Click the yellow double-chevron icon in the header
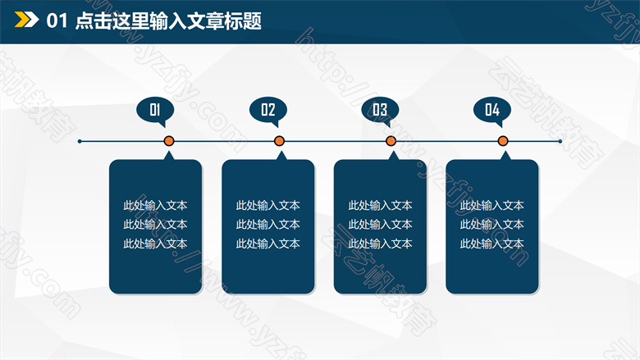[x=26, y=20]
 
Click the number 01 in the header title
[x=57, y=21]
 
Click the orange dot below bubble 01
[x=169, y=141]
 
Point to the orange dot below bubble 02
[x=279, y=141]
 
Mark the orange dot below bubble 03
[x=391, y=141]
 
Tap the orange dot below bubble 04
[x=503, y=141]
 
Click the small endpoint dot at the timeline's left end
[x=80, y=142]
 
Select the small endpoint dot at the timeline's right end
[x=560, y=142]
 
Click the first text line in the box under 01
[x=155, y=205]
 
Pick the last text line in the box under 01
[x=155, y=244]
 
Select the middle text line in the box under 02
[x=267, y=224]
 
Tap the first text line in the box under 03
[x=380, y=205]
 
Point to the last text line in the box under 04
[x=491, y=244]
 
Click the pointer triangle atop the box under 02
[x=281, y=156]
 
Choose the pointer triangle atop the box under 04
[x=505, y=156]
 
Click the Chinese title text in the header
[x=168, y=21]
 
